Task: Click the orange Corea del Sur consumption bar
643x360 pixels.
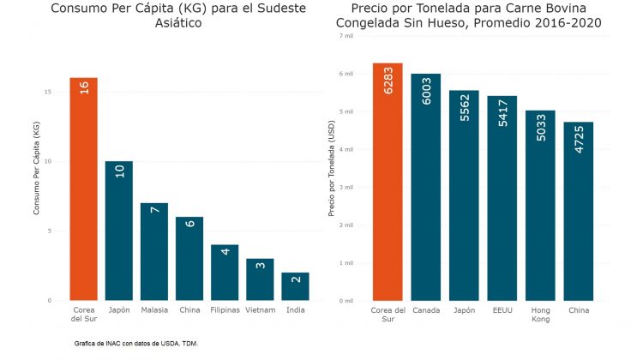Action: click(x=84, y=189)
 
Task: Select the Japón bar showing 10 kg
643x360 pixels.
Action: click(x=119, y=231)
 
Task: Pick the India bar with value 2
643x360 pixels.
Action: click(x=295, y=286)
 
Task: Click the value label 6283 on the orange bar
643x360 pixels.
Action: click(x=388, y=80)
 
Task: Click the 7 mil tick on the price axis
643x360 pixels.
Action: click(x=346, y=36)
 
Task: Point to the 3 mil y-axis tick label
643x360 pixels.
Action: click(x=346, y=187)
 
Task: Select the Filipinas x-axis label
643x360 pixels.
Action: click(x=225, y=309)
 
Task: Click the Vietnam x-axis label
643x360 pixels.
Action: click(x=260, y=309)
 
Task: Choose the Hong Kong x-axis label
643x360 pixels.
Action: click(x=540, y=314)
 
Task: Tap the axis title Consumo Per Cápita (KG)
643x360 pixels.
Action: click(x=36, y=168)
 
